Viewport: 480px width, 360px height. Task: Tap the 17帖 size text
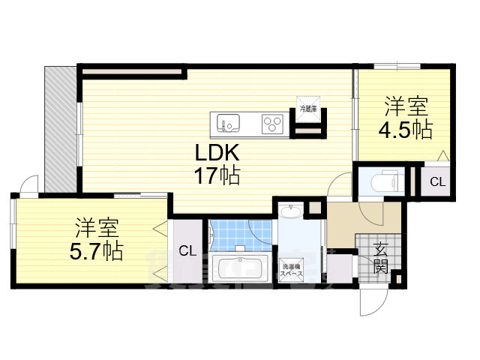click(x=218, y=177)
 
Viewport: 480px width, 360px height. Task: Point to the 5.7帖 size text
click(x=96, y=251)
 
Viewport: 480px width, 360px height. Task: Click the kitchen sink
click(x=228, y=121)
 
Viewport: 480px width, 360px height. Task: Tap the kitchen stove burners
click(x=271, y=121)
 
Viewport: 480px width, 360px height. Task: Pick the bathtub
click(x=240, y=267)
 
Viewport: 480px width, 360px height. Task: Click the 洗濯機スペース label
click(x=292, y=271)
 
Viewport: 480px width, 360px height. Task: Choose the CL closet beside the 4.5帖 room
click(x=436, y=181)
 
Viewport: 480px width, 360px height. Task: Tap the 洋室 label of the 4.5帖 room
click(x=405, y=104)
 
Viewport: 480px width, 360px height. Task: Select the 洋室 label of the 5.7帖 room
click(x=96, y=226)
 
